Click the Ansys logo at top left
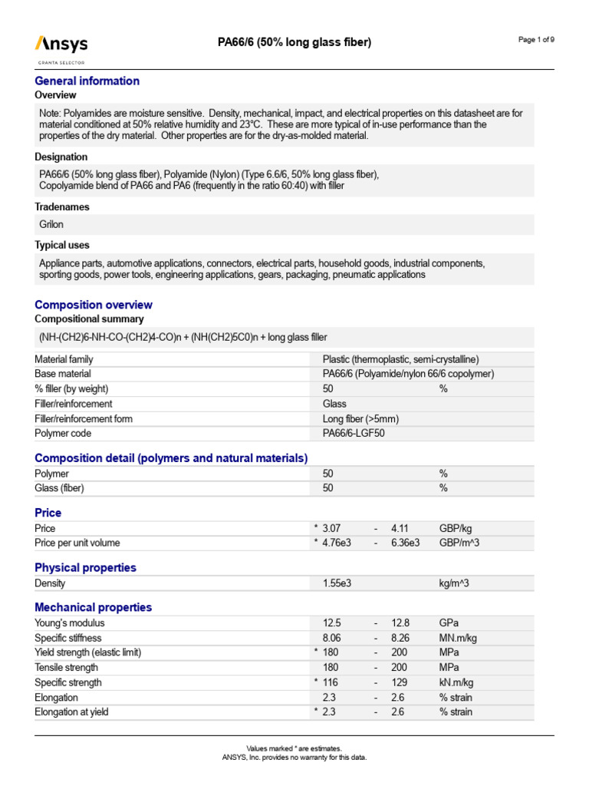61,46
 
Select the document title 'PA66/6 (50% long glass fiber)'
294,43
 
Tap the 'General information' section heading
87,81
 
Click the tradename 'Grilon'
51,225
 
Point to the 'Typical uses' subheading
62,245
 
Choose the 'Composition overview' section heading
94,305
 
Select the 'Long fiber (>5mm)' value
360,418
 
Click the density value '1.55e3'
337,583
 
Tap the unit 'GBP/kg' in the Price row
456,528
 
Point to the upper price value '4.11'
401,528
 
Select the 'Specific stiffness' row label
68,638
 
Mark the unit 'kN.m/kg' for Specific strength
456,682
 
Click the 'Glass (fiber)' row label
60,488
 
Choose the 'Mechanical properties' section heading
94,607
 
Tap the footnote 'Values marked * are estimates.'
294,748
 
